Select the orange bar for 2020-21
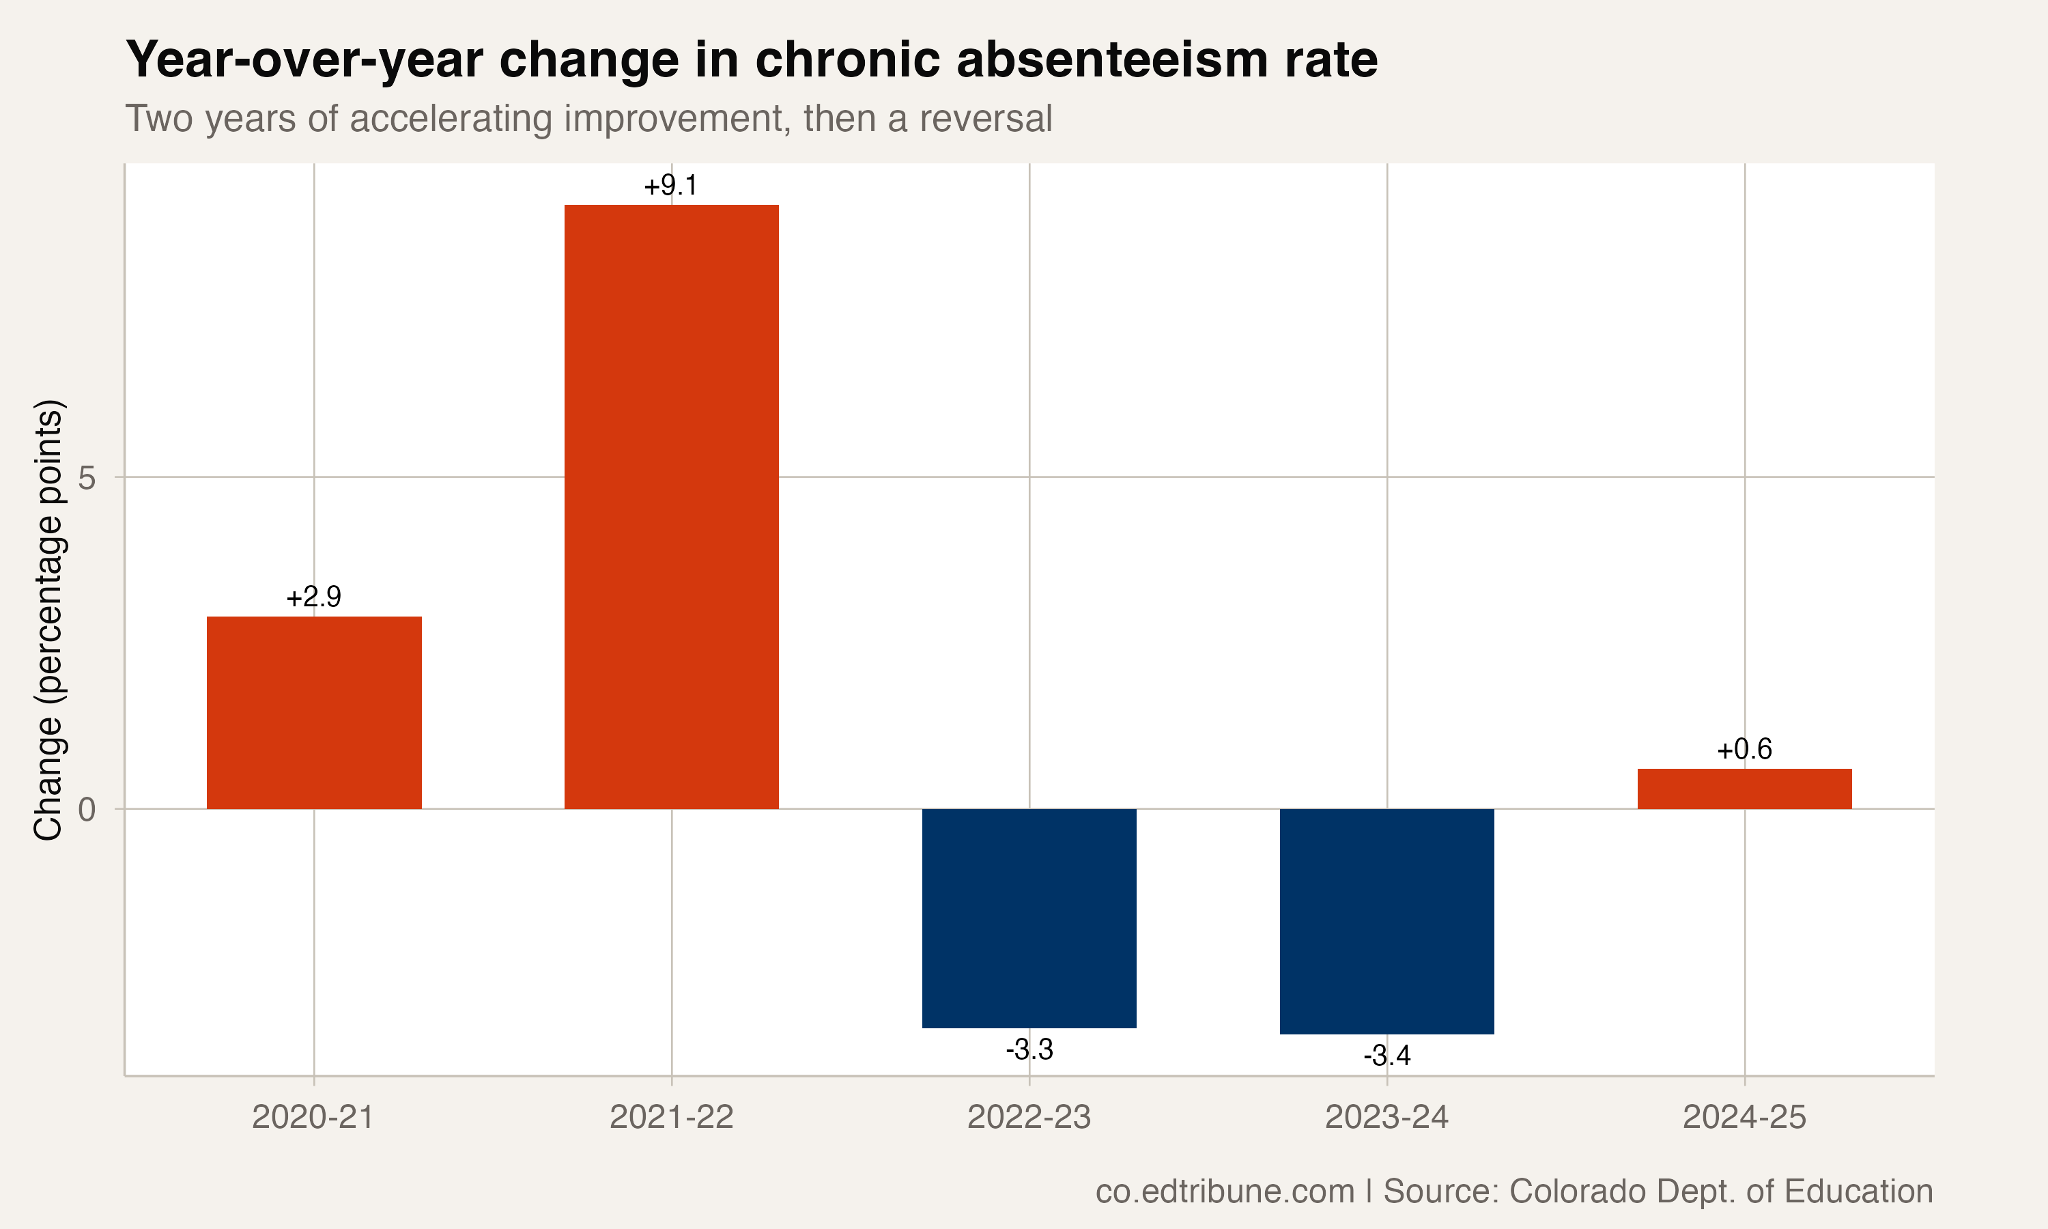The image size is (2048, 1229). [x=314, y=712]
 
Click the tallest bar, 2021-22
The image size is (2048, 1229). [x=671, y=506]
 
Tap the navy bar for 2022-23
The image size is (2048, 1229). [x=1029, y=918]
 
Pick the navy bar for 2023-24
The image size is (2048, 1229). [x=1386, y=921]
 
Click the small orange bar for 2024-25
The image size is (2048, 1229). [x=1744, y=789]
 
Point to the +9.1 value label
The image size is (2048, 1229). [x=670, y=186]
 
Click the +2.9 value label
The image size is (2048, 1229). [x=314, y=597]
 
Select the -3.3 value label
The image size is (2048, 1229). [x=1029, y=1049]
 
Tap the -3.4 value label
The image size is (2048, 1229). [x=1386, y=1056]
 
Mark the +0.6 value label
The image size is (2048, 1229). [x=1744, y=750]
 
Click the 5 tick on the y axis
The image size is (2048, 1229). [x=87, y=478]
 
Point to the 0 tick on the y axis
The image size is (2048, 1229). [x=87, y=809]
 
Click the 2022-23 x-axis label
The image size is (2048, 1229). [x=1029, y=1117]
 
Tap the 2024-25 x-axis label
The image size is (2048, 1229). [x=1744, y=1117]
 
